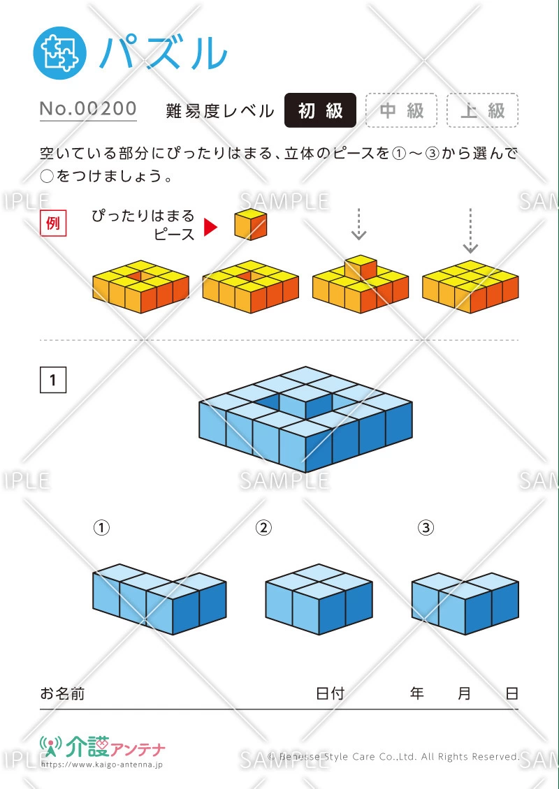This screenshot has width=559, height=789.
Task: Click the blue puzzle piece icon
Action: tap(60, 53)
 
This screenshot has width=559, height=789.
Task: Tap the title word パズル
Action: tap(164, 53)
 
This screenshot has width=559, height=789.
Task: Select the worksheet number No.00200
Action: tap(88, 109)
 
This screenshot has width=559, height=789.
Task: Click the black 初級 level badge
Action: tap(320, 110)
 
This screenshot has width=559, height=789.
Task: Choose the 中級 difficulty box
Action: tap(402, 110)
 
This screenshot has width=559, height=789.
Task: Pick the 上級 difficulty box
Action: tap(482, 110)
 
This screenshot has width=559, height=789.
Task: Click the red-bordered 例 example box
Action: tap(52, 224)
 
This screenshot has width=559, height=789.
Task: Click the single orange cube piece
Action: tap(250, 224)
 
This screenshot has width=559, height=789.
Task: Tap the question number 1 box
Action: tap(53, 380)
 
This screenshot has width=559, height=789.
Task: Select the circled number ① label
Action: tap(102, 528)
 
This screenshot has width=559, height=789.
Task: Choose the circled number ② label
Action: tap(263, 528)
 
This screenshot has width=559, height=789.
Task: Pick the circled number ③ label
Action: tap(426, 528)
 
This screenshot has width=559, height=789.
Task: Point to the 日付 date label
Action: tap(330, 693)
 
